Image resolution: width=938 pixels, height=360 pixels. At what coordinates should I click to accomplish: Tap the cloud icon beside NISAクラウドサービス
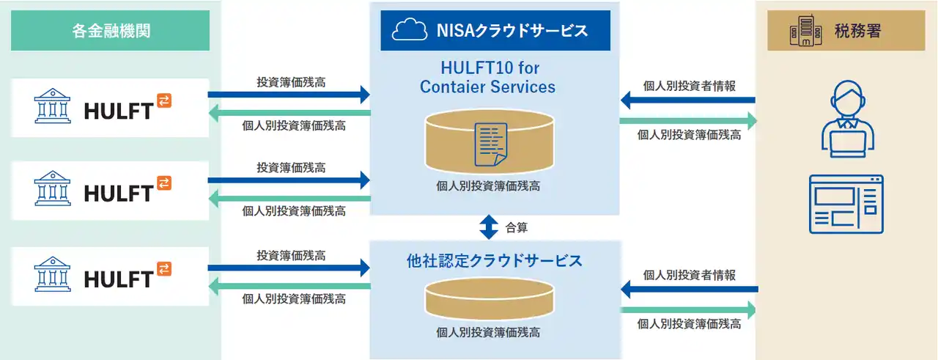click(x=410, y=30)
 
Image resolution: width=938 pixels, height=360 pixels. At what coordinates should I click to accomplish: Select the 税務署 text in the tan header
click(x=857, y=31)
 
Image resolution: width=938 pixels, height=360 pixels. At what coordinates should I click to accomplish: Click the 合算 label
click(x=517, y=227)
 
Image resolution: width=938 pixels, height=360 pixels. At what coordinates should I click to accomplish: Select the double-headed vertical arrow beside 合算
click(x=489, y=227)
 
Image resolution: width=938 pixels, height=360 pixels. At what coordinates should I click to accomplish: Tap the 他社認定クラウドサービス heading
click(x=495, y=261)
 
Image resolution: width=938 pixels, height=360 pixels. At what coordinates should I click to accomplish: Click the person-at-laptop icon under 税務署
click(x=846, y=117)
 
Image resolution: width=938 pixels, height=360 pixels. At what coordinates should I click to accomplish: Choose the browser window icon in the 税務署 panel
click(x=846, y=204)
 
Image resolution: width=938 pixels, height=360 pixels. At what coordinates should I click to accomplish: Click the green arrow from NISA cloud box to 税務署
click(x=689, y=120)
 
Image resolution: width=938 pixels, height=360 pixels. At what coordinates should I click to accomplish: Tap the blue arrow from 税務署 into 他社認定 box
click(x=689, y=290)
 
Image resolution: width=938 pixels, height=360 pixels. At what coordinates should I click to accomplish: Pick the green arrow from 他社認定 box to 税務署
click(x=689, y=309)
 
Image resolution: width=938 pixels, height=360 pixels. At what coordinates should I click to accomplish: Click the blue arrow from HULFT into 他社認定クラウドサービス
click(x=289, y=269)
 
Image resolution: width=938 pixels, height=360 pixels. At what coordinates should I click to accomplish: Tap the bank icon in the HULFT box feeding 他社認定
click(x=53, y=275)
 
